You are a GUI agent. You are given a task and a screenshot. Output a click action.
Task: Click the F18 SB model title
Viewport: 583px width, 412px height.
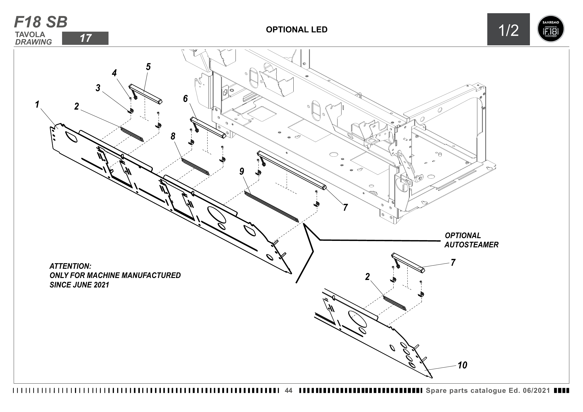pyautogui.click(x=41, y=22)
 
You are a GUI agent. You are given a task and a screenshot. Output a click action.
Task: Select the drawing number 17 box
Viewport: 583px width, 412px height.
pyautogui.click(x=85, y=38)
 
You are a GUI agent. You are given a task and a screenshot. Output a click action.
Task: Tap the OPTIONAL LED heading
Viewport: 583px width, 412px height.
pyautogui.click(x=297, y=30)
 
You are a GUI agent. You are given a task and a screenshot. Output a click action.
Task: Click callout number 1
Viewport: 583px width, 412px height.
pyautogui.click(x=37, y=104)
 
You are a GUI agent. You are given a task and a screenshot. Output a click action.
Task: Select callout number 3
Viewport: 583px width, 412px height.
pyautogui.click(x=98, y=88)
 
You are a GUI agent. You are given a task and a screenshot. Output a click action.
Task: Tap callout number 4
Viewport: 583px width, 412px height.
pyautogui.click(x=114, y=73)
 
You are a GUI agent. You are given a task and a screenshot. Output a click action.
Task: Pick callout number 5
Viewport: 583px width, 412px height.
pyautogui.click(x=148, y=67)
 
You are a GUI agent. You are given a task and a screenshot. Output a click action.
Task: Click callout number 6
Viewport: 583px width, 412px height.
pyautogui.click(x=185, y=98)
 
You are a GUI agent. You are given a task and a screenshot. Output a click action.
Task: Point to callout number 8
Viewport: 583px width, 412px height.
pyautogui.click(x=173, y=136)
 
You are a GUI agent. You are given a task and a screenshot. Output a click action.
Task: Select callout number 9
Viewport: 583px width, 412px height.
pyautogui.click(x=242, y=171)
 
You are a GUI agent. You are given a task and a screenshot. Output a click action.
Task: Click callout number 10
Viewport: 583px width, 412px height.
pyautogui.click(x=462, y=365)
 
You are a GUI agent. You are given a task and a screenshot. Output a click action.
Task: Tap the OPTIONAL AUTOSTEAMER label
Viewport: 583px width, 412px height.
pyautogui.click(x=471, y=240)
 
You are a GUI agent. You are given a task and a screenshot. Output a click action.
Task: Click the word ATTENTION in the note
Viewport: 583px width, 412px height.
pyautogui.click(x=70, y=266)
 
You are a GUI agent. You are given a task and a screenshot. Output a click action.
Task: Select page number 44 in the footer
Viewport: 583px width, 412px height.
pyautogui.click(x=288, y=390)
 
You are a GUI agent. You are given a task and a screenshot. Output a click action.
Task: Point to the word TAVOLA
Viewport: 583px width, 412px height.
pyautogui.click(x=30, y=35)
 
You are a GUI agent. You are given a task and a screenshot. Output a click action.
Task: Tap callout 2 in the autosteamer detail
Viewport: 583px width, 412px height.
pyautogui.click(x=367, y=277)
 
